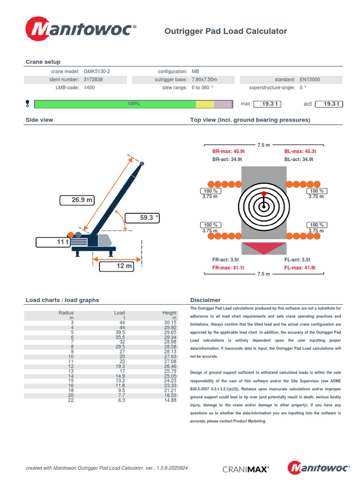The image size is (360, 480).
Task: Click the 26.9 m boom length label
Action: click(x=77, y=200)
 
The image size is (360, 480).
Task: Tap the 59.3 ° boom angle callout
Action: click(x=143, y=217)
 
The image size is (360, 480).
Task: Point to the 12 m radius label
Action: click(x=116, y=266)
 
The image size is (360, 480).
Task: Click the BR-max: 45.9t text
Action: click(x=228, y=151)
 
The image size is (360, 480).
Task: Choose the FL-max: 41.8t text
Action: click(x=300, y=268)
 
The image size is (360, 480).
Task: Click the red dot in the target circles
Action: click(x=263, y=193)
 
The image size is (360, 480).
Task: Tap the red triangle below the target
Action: click(x=264, y=248)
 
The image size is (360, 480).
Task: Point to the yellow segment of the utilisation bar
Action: click(x=206, y=104)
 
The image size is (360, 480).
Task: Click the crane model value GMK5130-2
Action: click(x=97, y=71)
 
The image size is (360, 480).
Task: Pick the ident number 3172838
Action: click(x=93, y=80)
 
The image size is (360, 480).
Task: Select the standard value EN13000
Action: click(x=310, y=80)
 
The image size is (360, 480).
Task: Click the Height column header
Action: click(x=169, y=313)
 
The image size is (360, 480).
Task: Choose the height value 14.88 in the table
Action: click(x=170, y=400)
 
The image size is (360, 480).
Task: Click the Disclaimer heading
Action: click(x=205, y=300)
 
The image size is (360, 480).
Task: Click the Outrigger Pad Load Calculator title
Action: click(x=225, y=31)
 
